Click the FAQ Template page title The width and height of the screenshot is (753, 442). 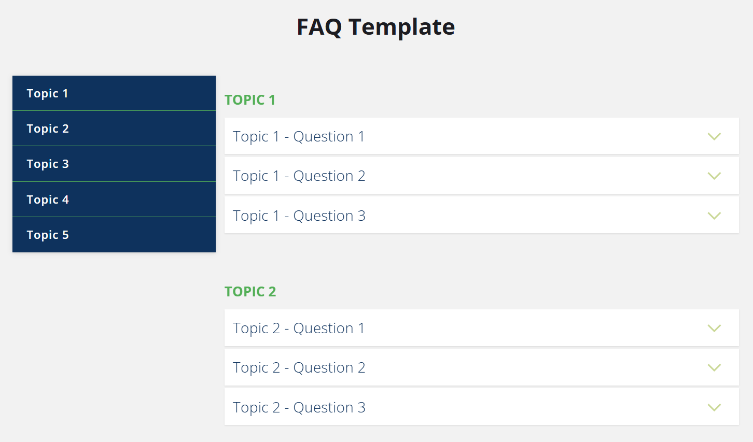[375, 27]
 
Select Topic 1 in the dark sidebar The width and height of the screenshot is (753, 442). [48, 93]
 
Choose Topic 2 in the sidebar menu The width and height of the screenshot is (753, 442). [48, 129]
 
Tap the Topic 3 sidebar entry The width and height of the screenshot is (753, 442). [48, 164]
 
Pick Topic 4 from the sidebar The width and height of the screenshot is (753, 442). [48, 199]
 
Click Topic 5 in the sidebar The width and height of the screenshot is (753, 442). [48, 235]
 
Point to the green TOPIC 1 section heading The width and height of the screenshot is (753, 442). [250, 100]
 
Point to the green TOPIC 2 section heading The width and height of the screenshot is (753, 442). [250, 292]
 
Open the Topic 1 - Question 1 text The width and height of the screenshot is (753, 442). [299, 136]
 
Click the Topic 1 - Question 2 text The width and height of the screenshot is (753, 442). [299, 176]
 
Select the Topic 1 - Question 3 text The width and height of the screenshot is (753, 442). [299, 216]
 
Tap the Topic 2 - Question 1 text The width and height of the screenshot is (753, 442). [299, 328]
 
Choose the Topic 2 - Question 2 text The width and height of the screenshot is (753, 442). [299, 368]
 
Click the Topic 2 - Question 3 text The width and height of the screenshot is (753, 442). [299, 407]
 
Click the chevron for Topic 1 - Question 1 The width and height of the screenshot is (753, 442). [714, 137]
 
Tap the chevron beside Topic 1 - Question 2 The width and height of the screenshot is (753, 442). [714, 176]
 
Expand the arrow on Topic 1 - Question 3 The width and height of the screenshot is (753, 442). [714, 216]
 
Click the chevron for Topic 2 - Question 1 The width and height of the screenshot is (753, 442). [714, 329]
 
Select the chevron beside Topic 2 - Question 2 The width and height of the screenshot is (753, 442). [714, 368]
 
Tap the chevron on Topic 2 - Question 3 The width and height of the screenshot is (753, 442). [714, 408]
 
